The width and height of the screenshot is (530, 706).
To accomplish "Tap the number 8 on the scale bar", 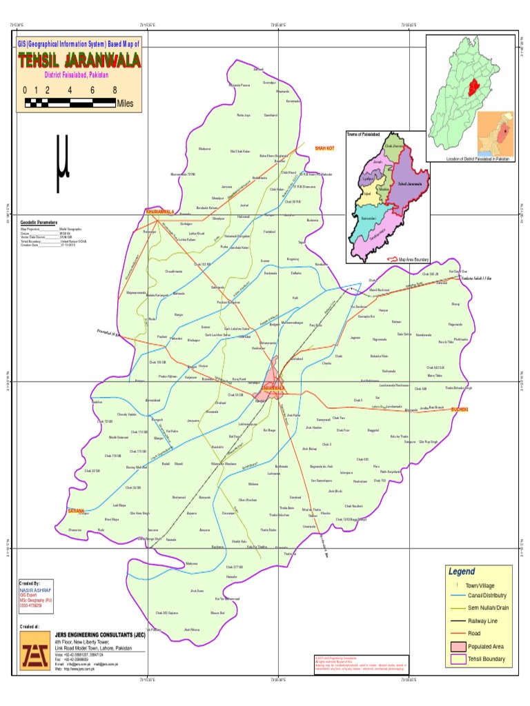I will tap(114, 90).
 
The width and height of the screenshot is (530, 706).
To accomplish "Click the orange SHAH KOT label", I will tap(324, 148).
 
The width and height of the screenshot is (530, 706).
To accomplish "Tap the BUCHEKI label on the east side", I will tap(459, 410).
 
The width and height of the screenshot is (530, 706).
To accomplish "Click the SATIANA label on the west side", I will tap(76, 511).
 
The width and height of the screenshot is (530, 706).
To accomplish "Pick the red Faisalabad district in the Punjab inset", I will tap(473, 88).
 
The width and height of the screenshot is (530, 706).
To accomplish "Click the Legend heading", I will tap(462, 572).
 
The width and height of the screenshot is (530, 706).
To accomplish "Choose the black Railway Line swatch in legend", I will tap(458, 621).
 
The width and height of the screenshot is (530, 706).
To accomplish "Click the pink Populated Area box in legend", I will tap(458, 646).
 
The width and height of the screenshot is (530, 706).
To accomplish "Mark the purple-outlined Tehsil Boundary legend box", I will tap(458, 659).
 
